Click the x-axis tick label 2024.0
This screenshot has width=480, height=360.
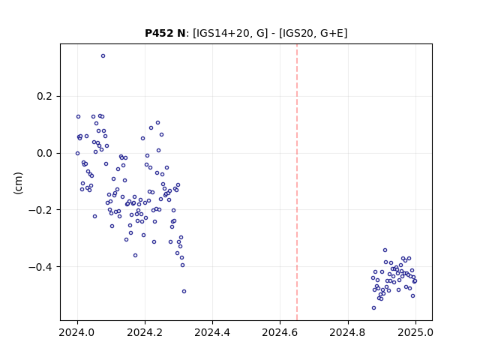click(77, 332)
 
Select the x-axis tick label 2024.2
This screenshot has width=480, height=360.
click(145, 332)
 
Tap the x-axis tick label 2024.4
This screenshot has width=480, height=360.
click(212, 332)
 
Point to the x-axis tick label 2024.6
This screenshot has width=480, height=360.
click(280, 332)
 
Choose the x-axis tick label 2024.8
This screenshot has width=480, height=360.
click(348, 332)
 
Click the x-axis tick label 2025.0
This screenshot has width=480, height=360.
click(415, 332)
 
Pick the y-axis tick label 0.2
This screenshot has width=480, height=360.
click(44, 97)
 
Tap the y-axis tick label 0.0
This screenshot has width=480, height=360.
click(44, 153)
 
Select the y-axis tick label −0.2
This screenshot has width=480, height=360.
click(40, 210)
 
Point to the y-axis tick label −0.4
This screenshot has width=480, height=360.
click(40, 267)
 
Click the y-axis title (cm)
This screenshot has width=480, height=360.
click(18, 183)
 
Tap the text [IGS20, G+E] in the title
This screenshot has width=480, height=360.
click(313, 33)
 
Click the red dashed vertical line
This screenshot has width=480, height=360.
click(297, 182)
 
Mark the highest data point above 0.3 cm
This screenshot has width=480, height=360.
click(103, 56)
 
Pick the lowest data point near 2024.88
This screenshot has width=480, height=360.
click(373, 308)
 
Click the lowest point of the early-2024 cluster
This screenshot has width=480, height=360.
click(184, 292)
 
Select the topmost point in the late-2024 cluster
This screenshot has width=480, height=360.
click(385, 250)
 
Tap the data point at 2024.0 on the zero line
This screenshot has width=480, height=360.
click(77, 153)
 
